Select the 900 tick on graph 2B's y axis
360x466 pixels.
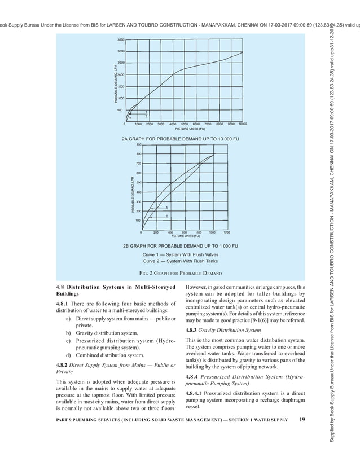click(138, 144)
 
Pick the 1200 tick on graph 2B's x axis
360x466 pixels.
click(226, 232)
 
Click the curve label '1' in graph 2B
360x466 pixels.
click(166, 208)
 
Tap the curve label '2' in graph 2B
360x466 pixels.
click(166, 216)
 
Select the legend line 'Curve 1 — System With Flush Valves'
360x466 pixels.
click(180, 254)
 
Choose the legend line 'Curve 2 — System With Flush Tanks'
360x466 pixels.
click(180, 261)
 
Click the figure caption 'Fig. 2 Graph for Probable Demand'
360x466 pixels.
click(180, 274)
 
